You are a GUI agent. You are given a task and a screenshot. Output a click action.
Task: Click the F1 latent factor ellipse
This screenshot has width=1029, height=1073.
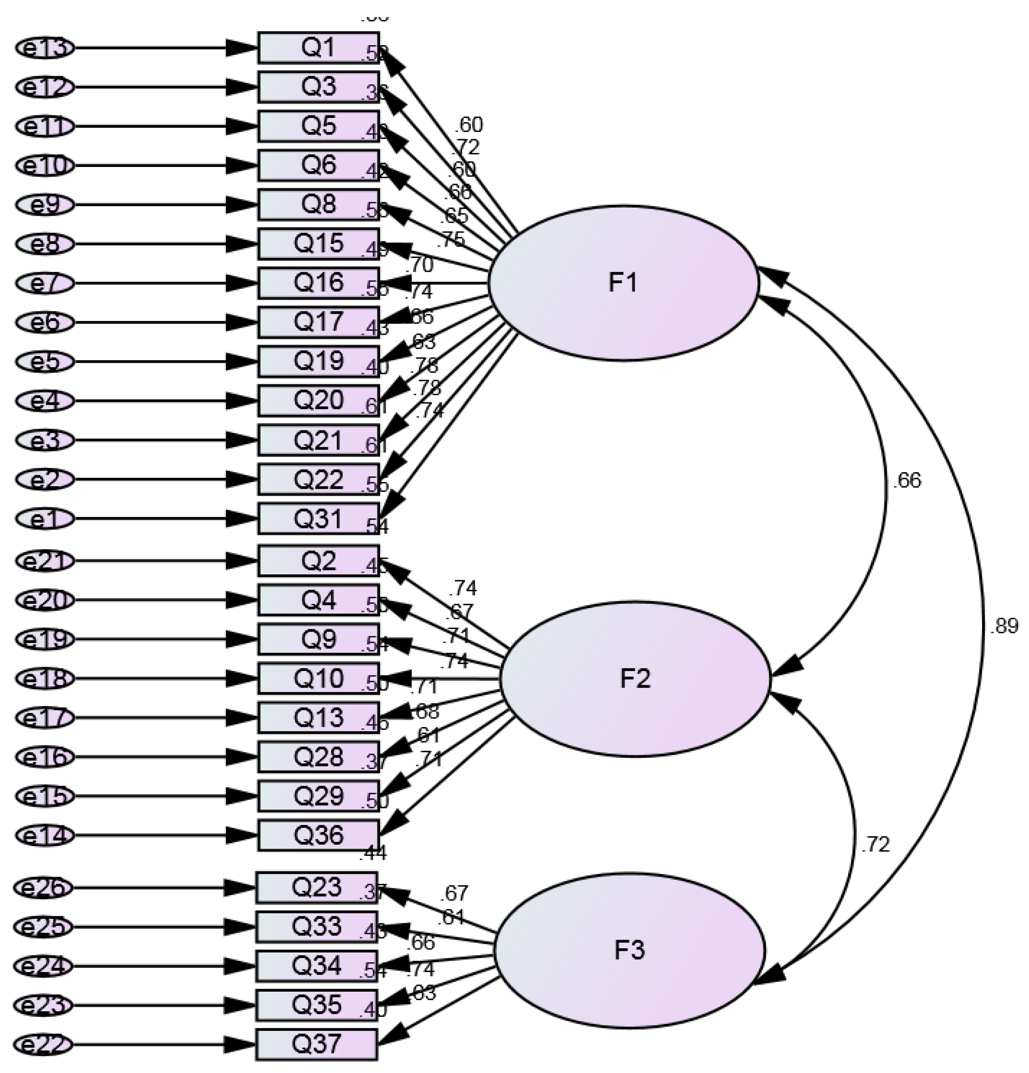623,283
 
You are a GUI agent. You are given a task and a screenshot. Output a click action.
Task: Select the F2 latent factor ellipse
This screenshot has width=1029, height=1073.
635,679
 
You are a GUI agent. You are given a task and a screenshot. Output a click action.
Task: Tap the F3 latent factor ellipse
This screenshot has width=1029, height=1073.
629,950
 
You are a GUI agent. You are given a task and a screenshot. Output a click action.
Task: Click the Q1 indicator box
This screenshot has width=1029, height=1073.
318,48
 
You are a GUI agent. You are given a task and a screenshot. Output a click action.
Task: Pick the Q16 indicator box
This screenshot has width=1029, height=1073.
318,283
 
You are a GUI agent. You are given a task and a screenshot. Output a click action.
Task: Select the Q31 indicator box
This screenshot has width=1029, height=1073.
318,519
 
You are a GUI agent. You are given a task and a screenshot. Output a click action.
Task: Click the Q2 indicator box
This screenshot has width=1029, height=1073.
318,561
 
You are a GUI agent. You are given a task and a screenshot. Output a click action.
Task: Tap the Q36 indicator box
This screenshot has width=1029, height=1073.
318,835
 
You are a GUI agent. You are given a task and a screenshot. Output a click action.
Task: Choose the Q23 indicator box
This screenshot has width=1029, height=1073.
317,887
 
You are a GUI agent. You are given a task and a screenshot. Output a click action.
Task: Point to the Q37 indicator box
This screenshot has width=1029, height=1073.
317,1044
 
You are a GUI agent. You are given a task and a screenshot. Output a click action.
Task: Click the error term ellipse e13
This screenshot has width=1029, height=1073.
44,48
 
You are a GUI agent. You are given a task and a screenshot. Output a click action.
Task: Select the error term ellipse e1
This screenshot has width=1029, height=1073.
44,519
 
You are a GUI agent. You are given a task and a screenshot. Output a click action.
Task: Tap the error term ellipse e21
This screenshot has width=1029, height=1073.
44,561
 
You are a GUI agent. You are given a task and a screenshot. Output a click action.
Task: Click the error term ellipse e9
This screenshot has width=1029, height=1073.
44,205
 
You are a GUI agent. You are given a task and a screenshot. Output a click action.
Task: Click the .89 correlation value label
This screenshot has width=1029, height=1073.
1003,626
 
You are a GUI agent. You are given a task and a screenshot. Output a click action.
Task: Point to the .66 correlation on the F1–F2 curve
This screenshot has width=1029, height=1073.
906,481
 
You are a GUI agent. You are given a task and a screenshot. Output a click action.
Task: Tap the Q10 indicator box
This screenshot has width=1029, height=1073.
318,679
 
